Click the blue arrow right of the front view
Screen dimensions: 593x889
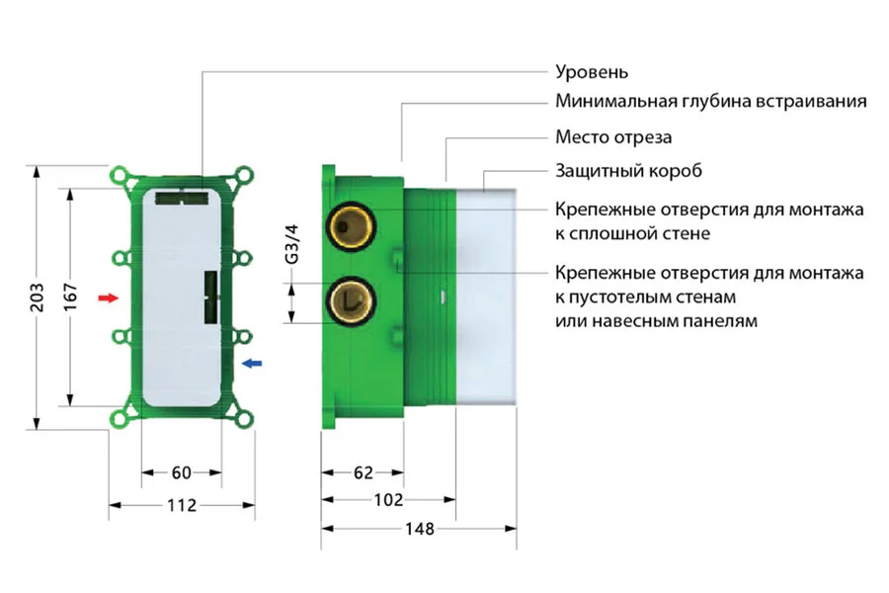click(253, 364)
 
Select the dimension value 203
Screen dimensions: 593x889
click(38, 296)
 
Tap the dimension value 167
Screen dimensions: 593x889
click(71, 296)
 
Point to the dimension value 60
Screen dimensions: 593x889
click(182, 472)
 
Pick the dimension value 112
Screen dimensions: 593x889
click(182, 505)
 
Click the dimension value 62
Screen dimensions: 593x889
click(363, 472)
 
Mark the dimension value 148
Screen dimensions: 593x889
click(419, 529)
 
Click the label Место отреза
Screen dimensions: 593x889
click(613, 137)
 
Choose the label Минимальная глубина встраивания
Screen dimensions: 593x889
click(711, 102)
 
